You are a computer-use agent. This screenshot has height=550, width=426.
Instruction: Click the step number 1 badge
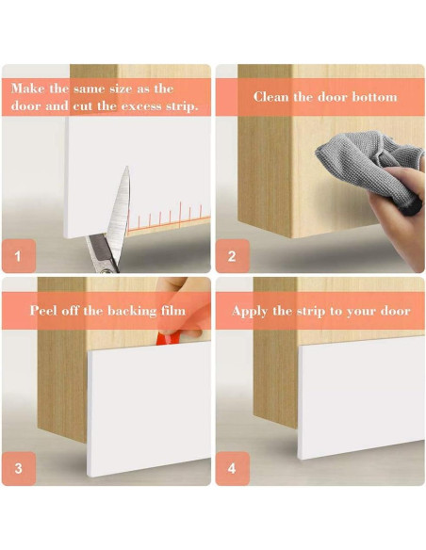pos(19,256)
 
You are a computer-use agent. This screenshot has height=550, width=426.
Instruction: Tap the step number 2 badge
pos(232,256)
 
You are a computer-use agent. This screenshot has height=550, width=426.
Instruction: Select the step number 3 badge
pos(19,468)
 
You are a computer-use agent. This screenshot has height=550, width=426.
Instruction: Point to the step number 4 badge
pos(232,468)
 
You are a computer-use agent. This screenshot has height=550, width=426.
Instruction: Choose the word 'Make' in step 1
pos(27,89)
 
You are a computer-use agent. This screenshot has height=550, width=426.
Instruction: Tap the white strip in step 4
pos(361,397)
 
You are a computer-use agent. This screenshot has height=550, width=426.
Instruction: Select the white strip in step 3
pos(149,410)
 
